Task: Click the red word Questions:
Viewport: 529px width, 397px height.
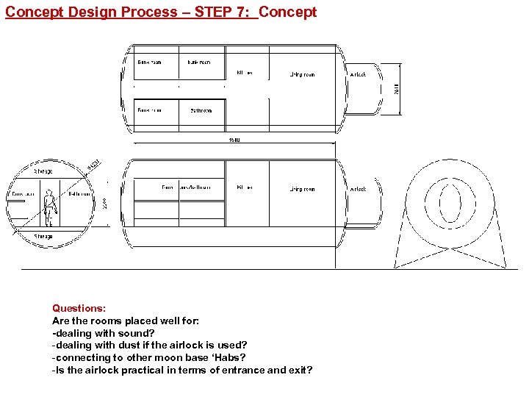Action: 79,309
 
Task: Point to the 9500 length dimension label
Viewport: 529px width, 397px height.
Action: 234,140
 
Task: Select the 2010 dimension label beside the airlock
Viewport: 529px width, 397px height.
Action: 397,89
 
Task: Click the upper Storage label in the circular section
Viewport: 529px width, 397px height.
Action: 43,171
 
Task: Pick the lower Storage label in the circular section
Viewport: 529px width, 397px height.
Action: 43,237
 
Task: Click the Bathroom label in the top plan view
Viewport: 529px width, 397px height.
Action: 201,110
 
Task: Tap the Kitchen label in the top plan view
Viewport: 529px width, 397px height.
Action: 245,73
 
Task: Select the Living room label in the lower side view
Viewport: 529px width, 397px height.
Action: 301,189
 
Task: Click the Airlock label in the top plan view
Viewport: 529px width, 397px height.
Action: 358,74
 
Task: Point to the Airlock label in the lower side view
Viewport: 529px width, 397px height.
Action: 358,189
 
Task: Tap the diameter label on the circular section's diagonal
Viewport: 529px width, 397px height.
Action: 93,166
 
